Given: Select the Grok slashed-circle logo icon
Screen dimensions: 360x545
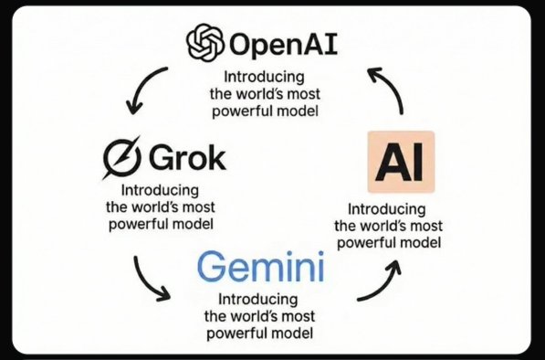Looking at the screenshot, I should click(122, 160).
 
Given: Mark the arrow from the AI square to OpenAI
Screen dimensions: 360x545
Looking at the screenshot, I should click(388, 88).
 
